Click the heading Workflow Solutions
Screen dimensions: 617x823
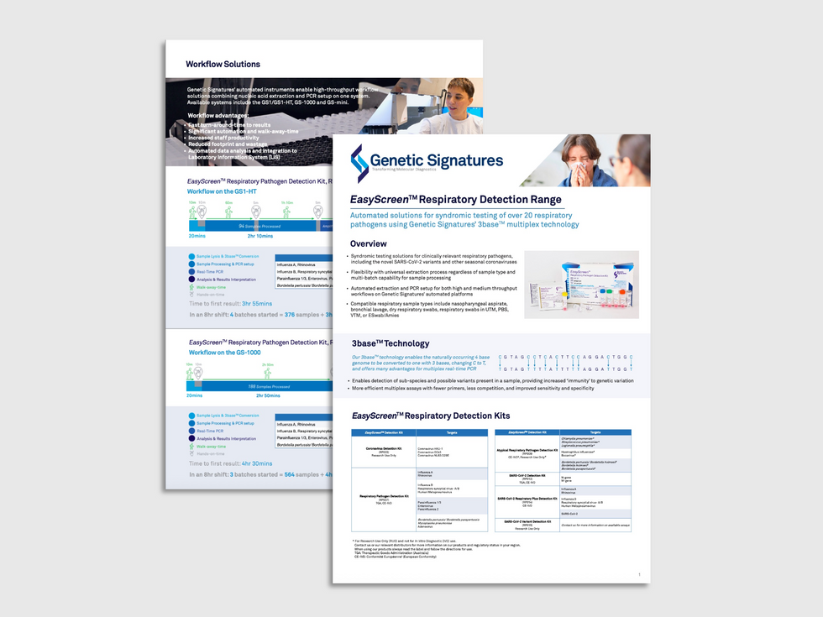tap(223, 64)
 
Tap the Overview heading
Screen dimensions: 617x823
tap(374, 243)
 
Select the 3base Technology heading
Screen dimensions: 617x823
tap(391, 343)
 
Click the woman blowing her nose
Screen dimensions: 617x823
tap(583, 160)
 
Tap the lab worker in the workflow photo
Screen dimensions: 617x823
tap(453, 106)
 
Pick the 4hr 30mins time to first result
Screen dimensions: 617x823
tap(254, 463)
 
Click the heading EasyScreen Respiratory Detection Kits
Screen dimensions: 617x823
tap(430, 416)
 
